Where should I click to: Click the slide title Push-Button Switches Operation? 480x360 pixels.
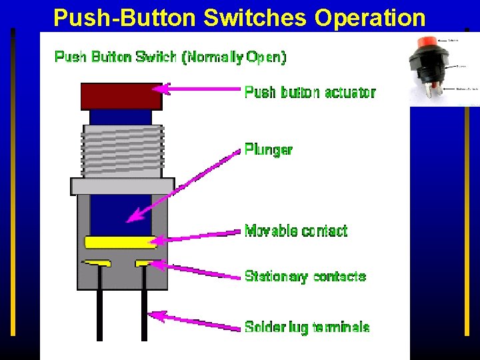[x=239, y=17]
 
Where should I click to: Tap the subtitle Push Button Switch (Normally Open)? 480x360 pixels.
[x=170, y=57]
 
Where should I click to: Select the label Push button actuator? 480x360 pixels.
[x=310, y=92]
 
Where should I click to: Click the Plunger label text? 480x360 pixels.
[x=268, y=149]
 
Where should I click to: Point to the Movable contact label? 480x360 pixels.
[x=296, y=231]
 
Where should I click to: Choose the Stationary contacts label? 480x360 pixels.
[x=305, y=276]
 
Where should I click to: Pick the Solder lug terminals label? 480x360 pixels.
[x=307, y=327]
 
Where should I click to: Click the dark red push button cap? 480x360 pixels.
[x=121, y=96]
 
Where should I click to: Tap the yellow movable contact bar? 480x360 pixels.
[x=120, y=242]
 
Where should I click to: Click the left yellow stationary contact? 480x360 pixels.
[x=97, y=263]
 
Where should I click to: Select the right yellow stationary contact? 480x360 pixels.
[x=144, y=263]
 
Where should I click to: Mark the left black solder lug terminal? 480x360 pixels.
[x=99, y=307]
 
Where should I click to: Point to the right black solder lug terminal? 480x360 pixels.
[x=144, y=307]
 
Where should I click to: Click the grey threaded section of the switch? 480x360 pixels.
[x=123, y=150]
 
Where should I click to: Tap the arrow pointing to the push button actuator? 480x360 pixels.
[x=200, y=89]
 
